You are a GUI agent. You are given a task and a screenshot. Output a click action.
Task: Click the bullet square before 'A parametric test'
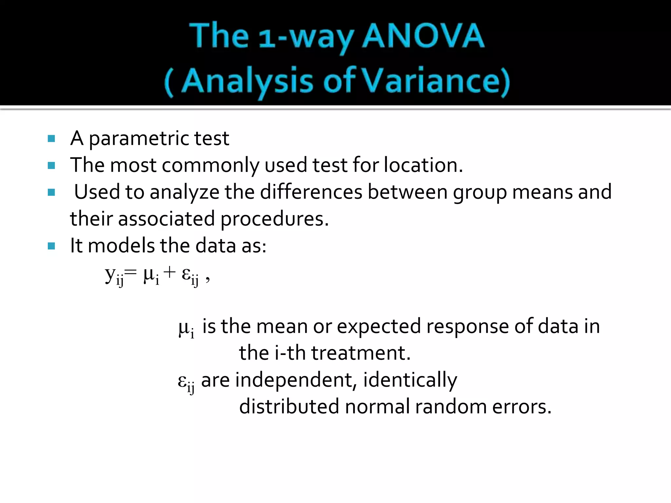[51, 139]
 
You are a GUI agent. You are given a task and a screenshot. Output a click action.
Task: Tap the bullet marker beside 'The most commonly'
[51, 165]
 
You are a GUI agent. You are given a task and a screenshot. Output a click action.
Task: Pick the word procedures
[274, 219]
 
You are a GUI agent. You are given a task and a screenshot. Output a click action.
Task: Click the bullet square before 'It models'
[51, 246]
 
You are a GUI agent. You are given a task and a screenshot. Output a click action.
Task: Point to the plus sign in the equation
[169, 272]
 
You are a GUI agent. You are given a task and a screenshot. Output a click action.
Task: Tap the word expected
[379, 326]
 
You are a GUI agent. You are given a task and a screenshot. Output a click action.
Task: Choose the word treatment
[360, 353]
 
